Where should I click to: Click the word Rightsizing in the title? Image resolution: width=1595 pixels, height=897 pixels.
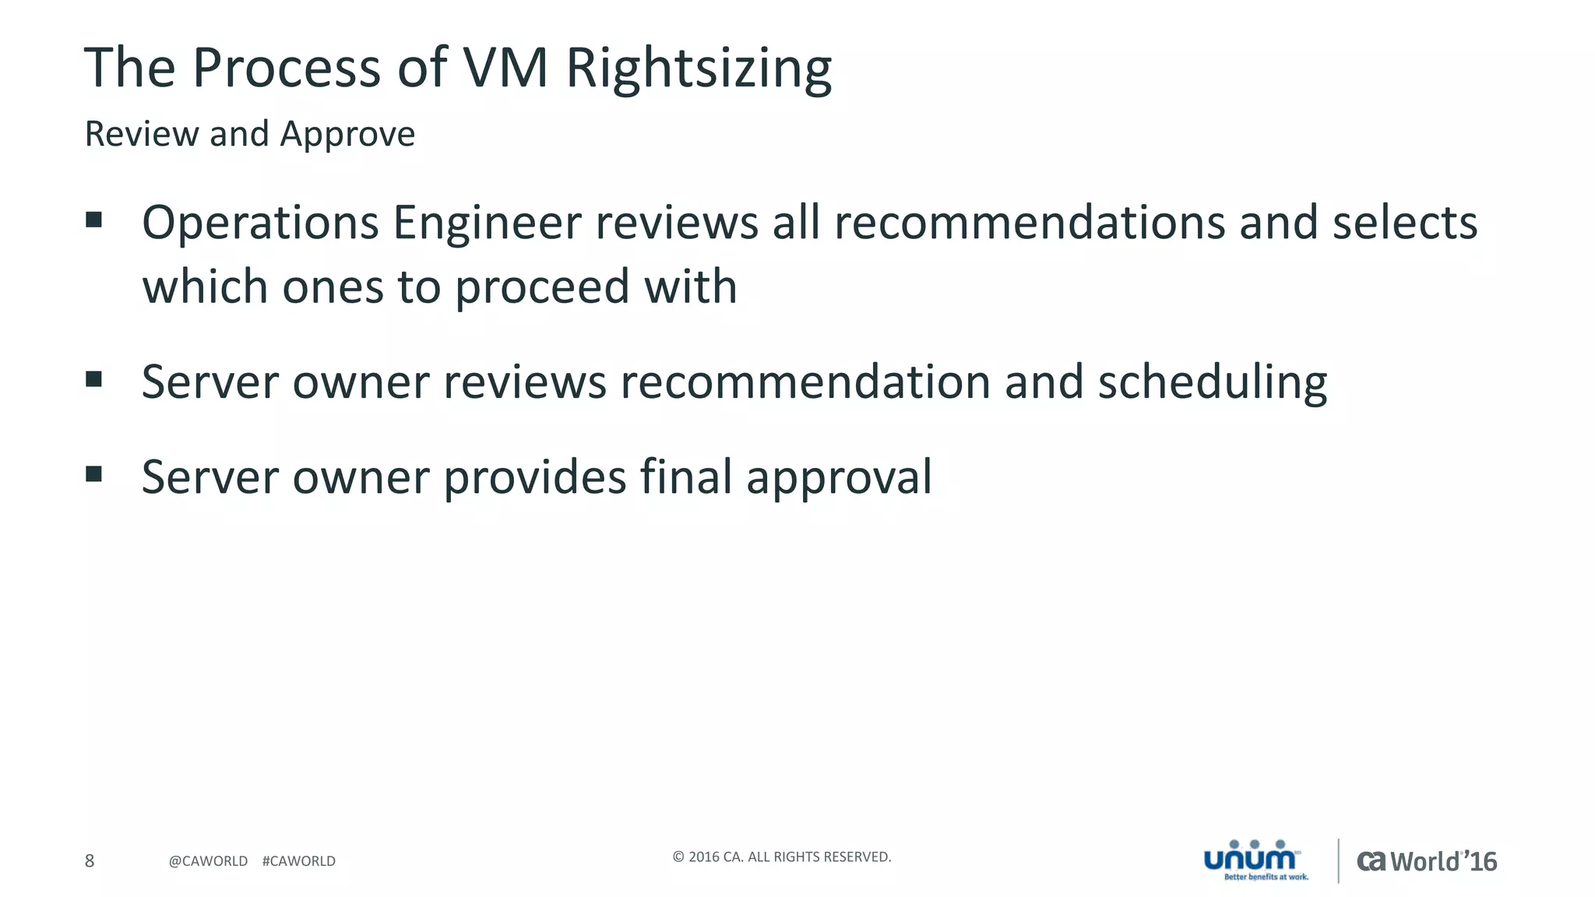pos(699,69)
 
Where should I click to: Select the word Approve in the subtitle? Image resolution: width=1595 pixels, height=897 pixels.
pos(347,134)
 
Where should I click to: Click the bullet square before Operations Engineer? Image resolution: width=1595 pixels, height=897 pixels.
pos(94,220)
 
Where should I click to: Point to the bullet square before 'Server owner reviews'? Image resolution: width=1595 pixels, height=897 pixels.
pos(94,379)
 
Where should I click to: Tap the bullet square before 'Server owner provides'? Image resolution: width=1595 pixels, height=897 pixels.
pos(94,473)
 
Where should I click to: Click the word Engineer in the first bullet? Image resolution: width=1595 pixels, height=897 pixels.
pos(487,223)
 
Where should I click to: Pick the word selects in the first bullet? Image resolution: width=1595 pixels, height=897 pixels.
pos(1405,223)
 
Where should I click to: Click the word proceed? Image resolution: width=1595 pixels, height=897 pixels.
pos(541,287)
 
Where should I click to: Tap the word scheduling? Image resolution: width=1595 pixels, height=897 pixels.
pos(1212,382)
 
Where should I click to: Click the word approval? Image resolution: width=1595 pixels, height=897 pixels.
pos(839,477)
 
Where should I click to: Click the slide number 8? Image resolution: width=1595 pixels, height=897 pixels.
pos(90,860)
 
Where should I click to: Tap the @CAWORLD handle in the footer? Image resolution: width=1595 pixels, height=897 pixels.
pos(208,861)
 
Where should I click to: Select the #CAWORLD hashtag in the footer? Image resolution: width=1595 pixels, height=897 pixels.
pos(299,861)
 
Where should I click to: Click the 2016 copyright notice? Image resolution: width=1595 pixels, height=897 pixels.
pos(781,857)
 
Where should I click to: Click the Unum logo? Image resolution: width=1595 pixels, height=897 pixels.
pos(1255,860)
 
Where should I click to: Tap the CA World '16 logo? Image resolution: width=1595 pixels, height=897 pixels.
pos(1427,861)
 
